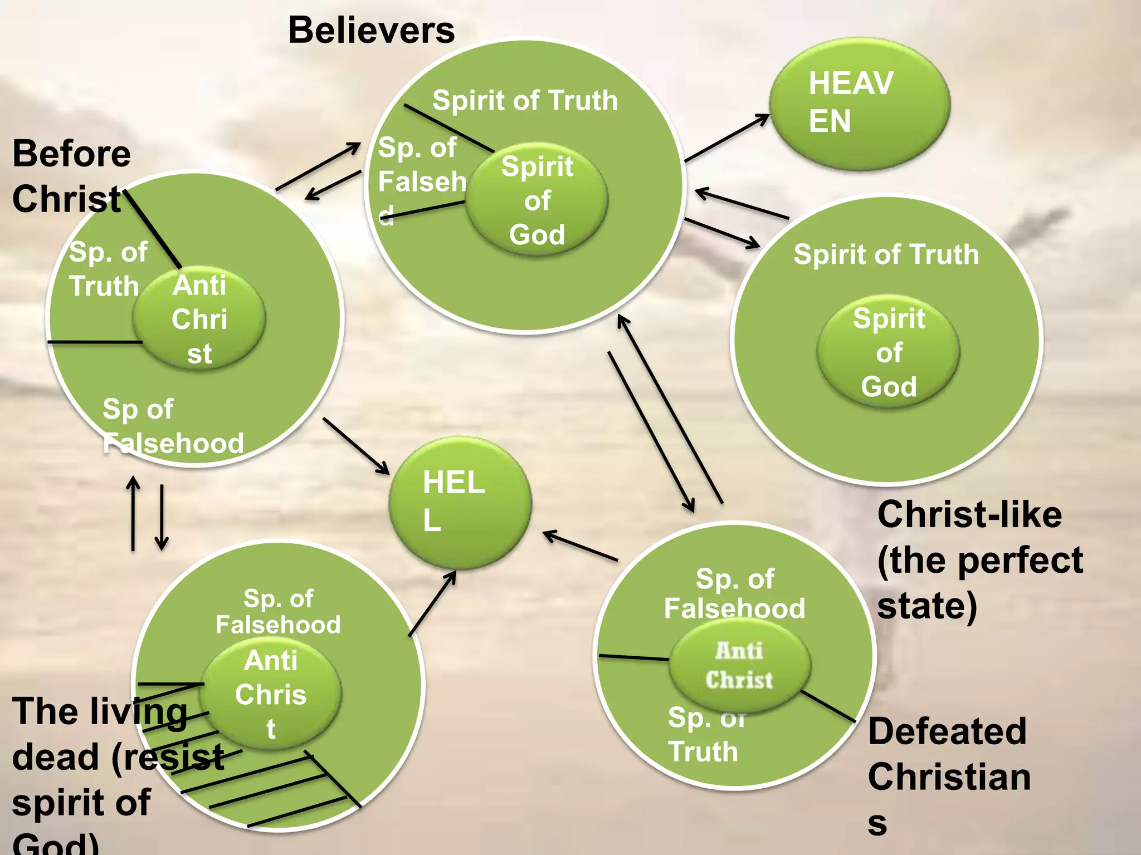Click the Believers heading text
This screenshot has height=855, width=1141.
[371, 30]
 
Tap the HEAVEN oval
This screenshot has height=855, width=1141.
[859, 104]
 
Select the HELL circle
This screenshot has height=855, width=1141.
[460, 503]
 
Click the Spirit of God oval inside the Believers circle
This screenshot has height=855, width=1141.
[537, 199]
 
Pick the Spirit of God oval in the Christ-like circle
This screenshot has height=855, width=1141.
[888, 352]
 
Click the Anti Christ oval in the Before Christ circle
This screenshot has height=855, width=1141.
[199, 318]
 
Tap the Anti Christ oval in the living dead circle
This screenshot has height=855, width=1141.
[271, 694]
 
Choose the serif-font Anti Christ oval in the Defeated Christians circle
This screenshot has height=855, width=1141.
[739, 665]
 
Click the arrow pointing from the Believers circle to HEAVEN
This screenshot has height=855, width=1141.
[726, 137]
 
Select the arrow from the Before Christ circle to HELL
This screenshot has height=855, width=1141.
[356, 446]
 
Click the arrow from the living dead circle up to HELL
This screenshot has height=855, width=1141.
[432, 603]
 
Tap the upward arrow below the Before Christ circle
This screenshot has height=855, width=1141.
[133, 513]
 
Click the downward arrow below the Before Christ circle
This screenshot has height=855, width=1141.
[162, 517]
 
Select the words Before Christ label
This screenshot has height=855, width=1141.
[71, 176]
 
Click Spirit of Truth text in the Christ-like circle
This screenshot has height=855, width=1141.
[886, 254]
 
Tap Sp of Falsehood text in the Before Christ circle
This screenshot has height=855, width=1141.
[173, 426]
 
